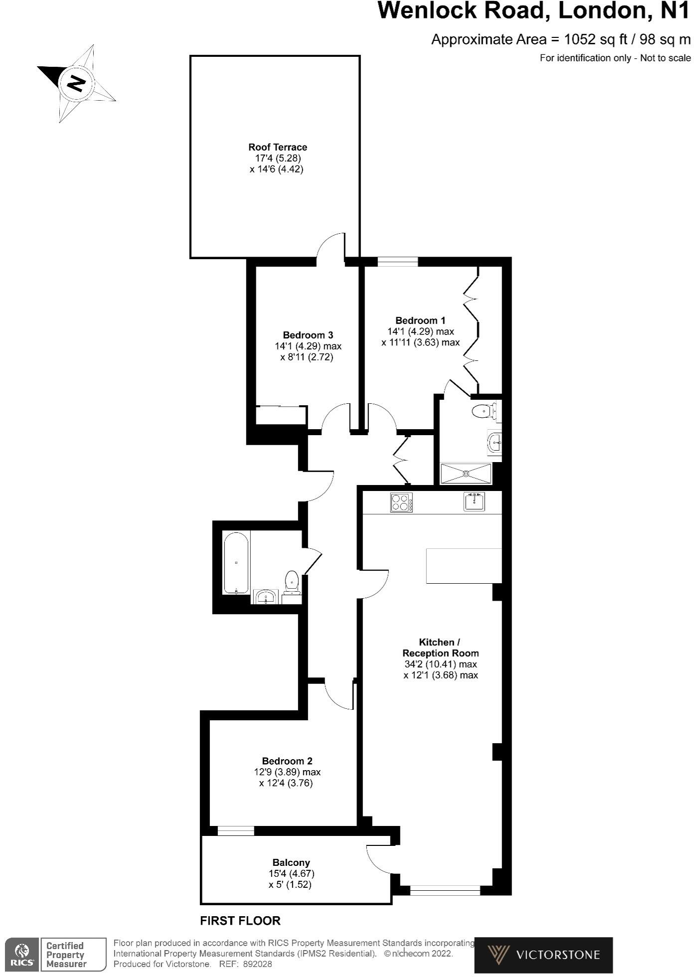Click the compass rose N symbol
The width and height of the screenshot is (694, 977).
click(76, 83)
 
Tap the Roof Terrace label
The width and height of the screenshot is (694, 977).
click(278, 147)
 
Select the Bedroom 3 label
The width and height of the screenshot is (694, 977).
click(308, 335)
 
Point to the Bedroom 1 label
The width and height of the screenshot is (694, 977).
click(420, 321)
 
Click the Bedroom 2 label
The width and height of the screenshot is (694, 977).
click(287, 761)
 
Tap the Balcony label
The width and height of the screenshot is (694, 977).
click(291, 862)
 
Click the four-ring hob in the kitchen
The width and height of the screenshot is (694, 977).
click(401, 502)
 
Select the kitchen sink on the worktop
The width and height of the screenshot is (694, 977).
click(474, 501)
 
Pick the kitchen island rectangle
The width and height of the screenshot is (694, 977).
click(464, 565)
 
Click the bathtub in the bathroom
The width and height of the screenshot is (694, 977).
click(236, 563)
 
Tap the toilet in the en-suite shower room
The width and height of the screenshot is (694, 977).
click(484, 411)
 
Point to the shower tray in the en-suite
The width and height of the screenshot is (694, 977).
click(466, 473)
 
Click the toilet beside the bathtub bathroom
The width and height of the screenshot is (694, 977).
click(292, 581)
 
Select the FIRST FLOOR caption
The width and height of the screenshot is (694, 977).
click(240, 921)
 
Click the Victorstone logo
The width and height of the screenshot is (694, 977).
click(543, 955)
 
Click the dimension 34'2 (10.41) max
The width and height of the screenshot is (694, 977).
click(441, 664)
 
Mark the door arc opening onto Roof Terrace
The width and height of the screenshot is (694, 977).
click(331, 246)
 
